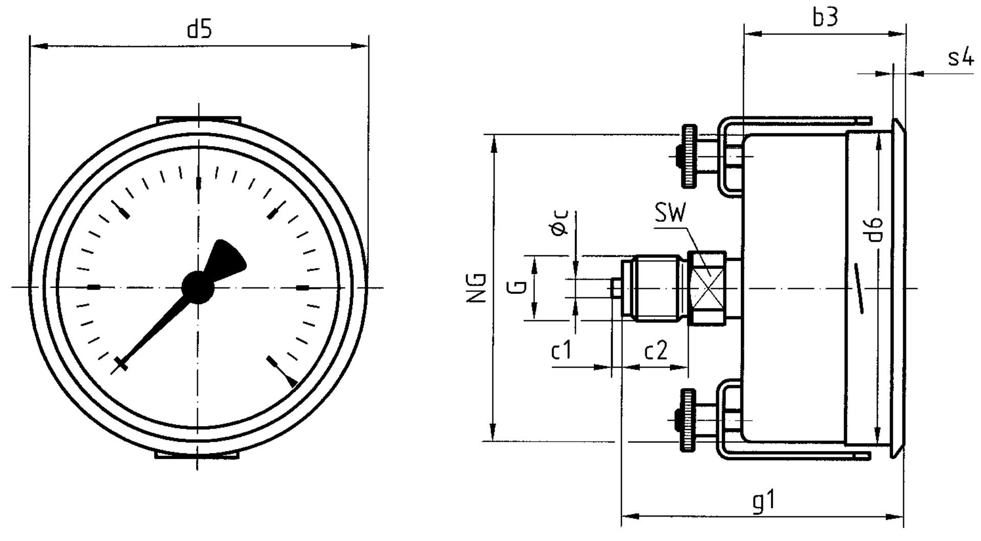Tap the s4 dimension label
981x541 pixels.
(x=961, y=58)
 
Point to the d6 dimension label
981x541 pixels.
(x=876, y=230)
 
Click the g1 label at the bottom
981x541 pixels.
(x=764, y=501)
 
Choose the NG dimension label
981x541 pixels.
(x=477, y=288)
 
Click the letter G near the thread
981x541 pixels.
(x=517, y=288)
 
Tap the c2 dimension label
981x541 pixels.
(x=655, y=351)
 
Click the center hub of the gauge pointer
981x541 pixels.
(x=198, y=287)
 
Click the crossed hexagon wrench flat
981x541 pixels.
(x=708, y=288)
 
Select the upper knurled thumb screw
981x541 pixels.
(x=688, y=156)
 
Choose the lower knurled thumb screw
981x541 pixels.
(x=688, y=420)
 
